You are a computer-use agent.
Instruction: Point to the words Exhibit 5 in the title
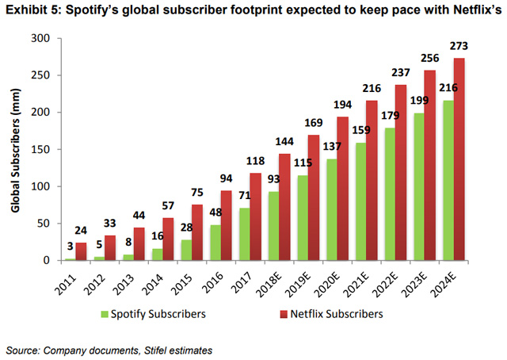pyautogui.click(x=33, y=10)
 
